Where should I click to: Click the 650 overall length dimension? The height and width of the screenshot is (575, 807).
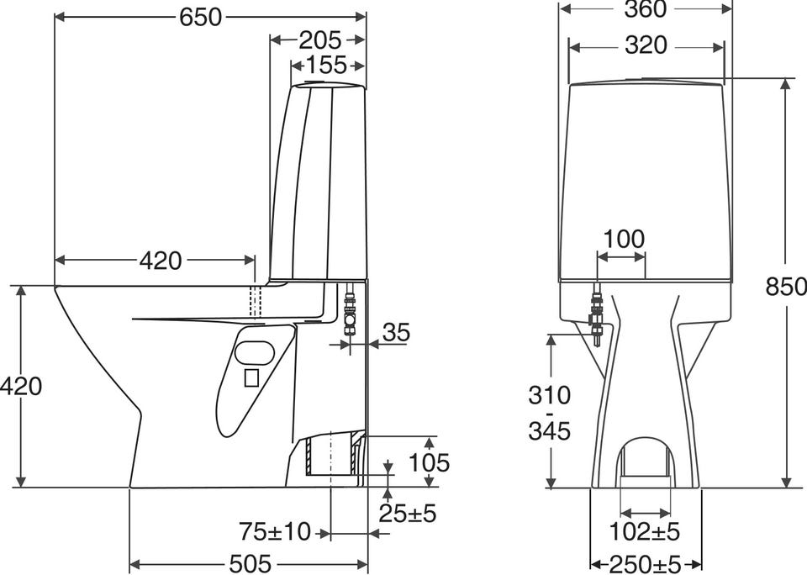pos(200,18)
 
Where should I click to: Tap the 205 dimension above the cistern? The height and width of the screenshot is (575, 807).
pos(319,40)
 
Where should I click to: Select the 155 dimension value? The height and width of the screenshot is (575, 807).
pos(327,66)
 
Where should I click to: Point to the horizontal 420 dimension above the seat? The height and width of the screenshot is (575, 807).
pos(161,261)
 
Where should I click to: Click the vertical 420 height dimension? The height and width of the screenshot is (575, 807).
pos(20,386)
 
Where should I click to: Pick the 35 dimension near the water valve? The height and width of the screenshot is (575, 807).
pos(396,333)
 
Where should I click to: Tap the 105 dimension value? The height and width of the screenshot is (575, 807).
pos(429,463)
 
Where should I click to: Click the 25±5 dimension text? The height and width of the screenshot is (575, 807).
pos(408,513)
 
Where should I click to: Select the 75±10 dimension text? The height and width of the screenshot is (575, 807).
pos(275,531)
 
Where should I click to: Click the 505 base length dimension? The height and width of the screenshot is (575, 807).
pos(251,564)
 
